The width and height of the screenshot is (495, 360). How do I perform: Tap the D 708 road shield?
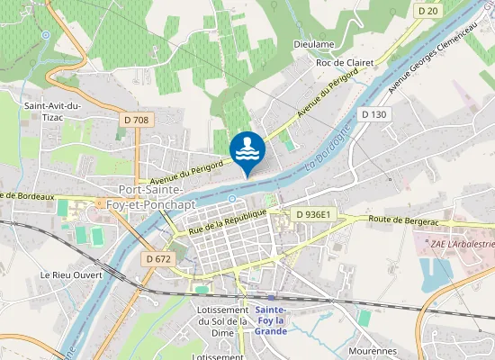point(134,119)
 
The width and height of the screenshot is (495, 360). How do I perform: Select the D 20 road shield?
point(428,10)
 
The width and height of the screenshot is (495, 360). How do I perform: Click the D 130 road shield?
point(373,114)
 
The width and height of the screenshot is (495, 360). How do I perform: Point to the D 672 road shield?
point(157,259)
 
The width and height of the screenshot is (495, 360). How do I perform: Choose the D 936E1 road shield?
point(314,214)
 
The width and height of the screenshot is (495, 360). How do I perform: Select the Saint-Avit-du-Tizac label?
point(53,112)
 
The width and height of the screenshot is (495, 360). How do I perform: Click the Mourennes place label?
point(373,351)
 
